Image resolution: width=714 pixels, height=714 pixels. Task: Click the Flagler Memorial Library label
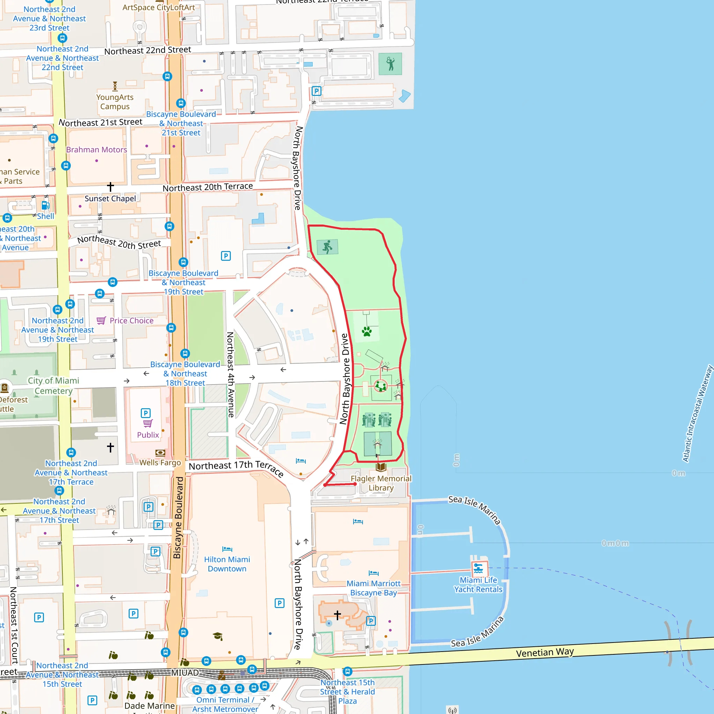381,483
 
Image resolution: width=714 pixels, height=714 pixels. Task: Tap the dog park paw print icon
367,331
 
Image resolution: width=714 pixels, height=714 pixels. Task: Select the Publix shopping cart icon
148,423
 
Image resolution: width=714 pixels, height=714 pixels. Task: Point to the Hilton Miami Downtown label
227,564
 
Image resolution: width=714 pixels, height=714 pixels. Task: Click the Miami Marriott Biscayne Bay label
373,588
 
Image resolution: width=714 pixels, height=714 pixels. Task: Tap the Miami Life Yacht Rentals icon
478,568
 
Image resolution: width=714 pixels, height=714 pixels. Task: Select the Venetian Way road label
545,652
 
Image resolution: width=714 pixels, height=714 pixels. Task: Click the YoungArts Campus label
115,102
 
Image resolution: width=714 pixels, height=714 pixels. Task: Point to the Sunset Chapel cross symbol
111,187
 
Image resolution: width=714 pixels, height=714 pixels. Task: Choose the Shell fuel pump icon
45,205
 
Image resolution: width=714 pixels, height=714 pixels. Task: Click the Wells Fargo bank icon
160,453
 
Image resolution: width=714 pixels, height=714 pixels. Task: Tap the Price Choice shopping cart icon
101,320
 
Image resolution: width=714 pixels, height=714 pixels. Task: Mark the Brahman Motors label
97,150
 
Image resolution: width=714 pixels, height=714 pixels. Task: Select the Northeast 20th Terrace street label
208,187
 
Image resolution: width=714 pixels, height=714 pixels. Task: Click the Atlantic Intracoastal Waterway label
697,413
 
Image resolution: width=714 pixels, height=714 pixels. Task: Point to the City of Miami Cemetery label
54,386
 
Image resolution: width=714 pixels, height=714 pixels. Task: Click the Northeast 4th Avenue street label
230,374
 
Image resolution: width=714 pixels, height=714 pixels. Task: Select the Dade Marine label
149,706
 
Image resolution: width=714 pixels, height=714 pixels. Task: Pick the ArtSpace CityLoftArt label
159,7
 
